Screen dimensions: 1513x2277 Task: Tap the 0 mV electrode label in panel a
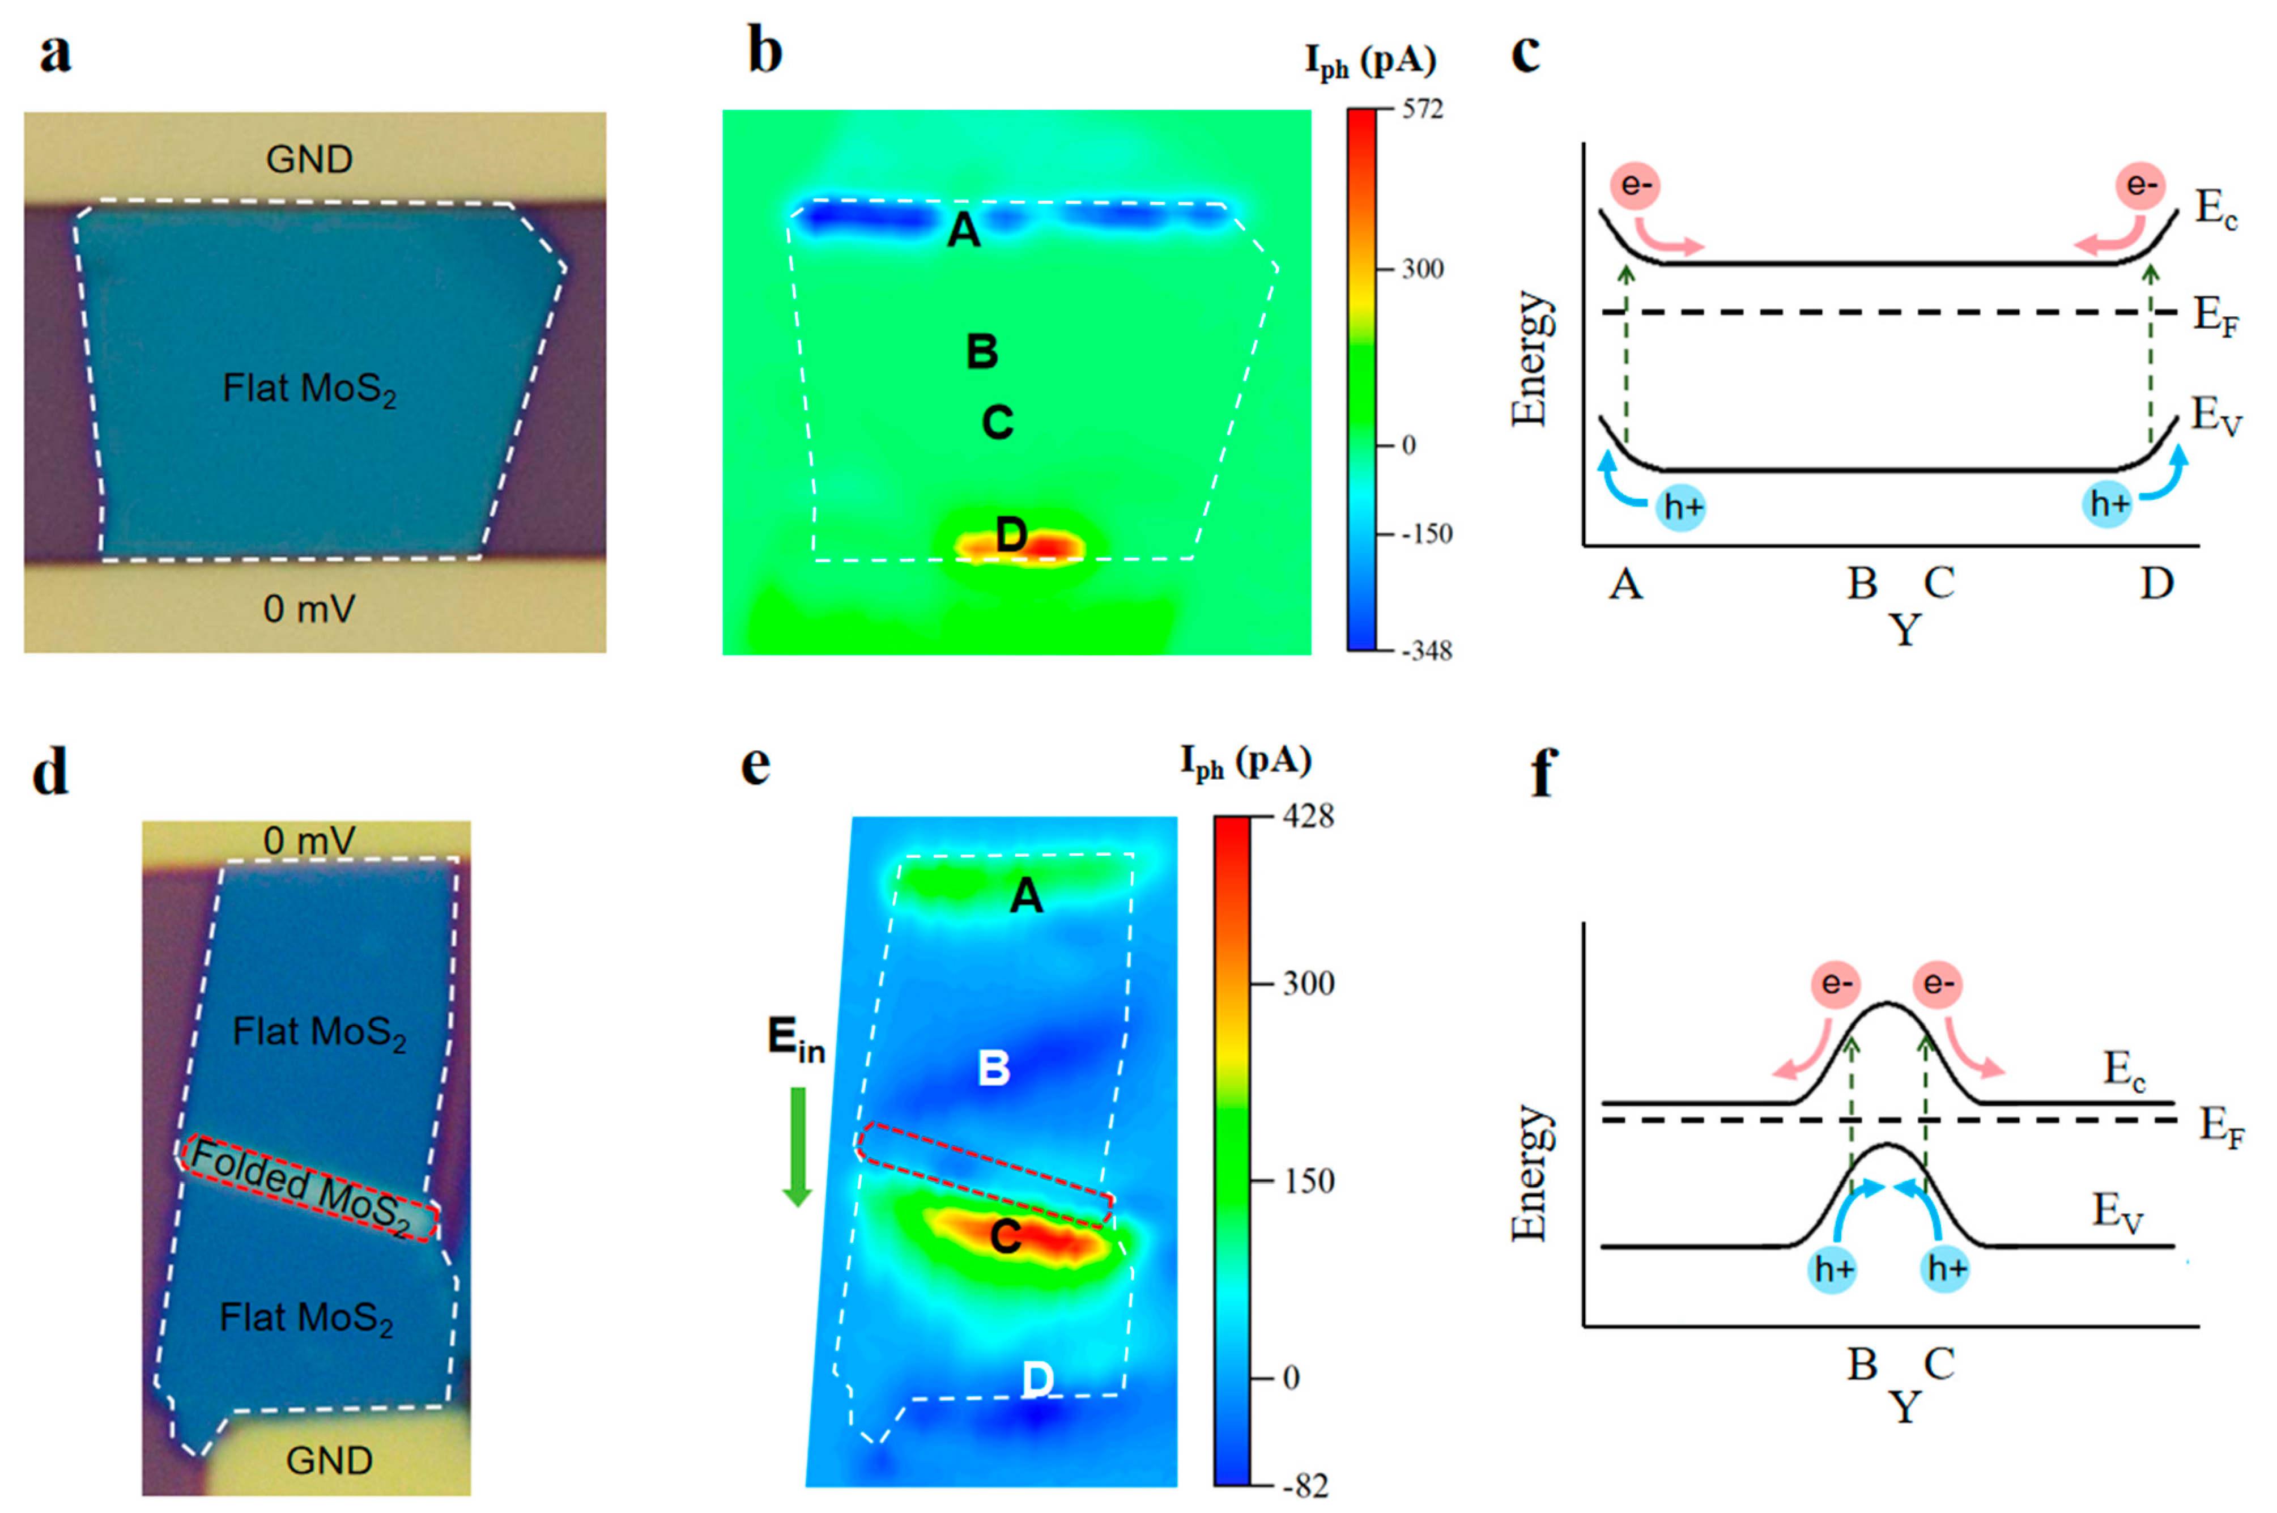[x=309, y=609]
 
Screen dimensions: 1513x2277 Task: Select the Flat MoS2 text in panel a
[x=309, y=389]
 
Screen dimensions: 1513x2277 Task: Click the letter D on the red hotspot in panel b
[x=1011, y=534]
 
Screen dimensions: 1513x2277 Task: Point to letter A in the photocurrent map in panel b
[x=964, y=231]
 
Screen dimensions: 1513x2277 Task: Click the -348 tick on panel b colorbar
[x=1426, y=651]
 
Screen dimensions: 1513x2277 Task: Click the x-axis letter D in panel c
[x=2156, y=583]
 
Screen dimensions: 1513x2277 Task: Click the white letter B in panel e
[x=994, y=1068]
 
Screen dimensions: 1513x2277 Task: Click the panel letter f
[x=1544, y=772]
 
